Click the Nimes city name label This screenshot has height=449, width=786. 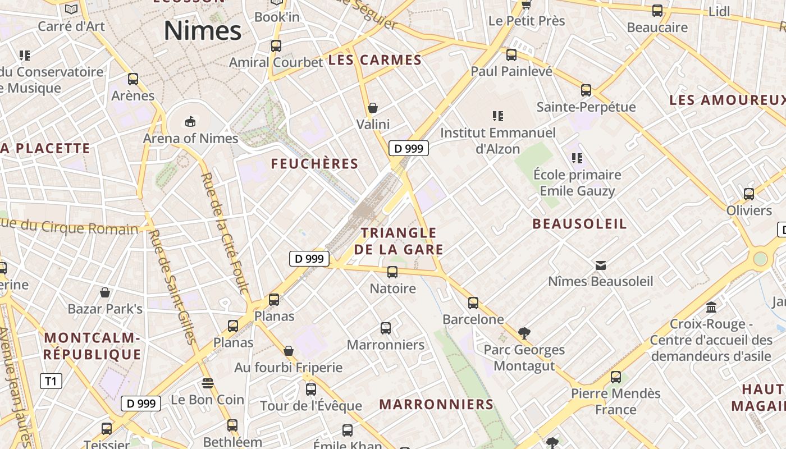203,30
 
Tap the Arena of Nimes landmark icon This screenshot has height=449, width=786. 190,121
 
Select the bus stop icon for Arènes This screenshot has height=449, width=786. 133,79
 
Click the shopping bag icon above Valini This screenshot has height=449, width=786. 373,107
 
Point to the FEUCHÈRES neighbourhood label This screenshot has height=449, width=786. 314,164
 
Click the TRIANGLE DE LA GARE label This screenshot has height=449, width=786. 399,241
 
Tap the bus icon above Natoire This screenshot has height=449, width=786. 392,272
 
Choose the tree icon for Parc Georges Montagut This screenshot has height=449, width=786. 524,333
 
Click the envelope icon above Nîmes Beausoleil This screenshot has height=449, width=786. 601,265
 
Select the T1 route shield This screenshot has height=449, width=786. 51,382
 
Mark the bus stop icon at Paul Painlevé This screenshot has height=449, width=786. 511,55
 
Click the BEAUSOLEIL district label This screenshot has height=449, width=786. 579,224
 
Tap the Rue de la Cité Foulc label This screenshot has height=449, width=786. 225,233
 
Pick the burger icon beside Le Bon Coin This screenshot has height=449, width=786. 208,383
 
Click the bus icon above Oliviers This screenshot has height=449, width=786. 749,194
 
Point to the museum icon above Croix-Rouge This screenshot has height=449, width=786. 712,308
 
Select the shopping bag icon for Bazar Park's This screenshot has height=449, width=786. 105,292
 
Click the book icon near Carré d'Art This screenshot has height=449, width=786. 71,9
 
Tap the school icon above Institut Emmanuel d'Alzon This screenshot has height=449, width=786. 497,116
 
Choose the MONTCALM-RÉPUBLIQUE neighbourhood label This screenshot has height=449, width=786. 92,346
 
